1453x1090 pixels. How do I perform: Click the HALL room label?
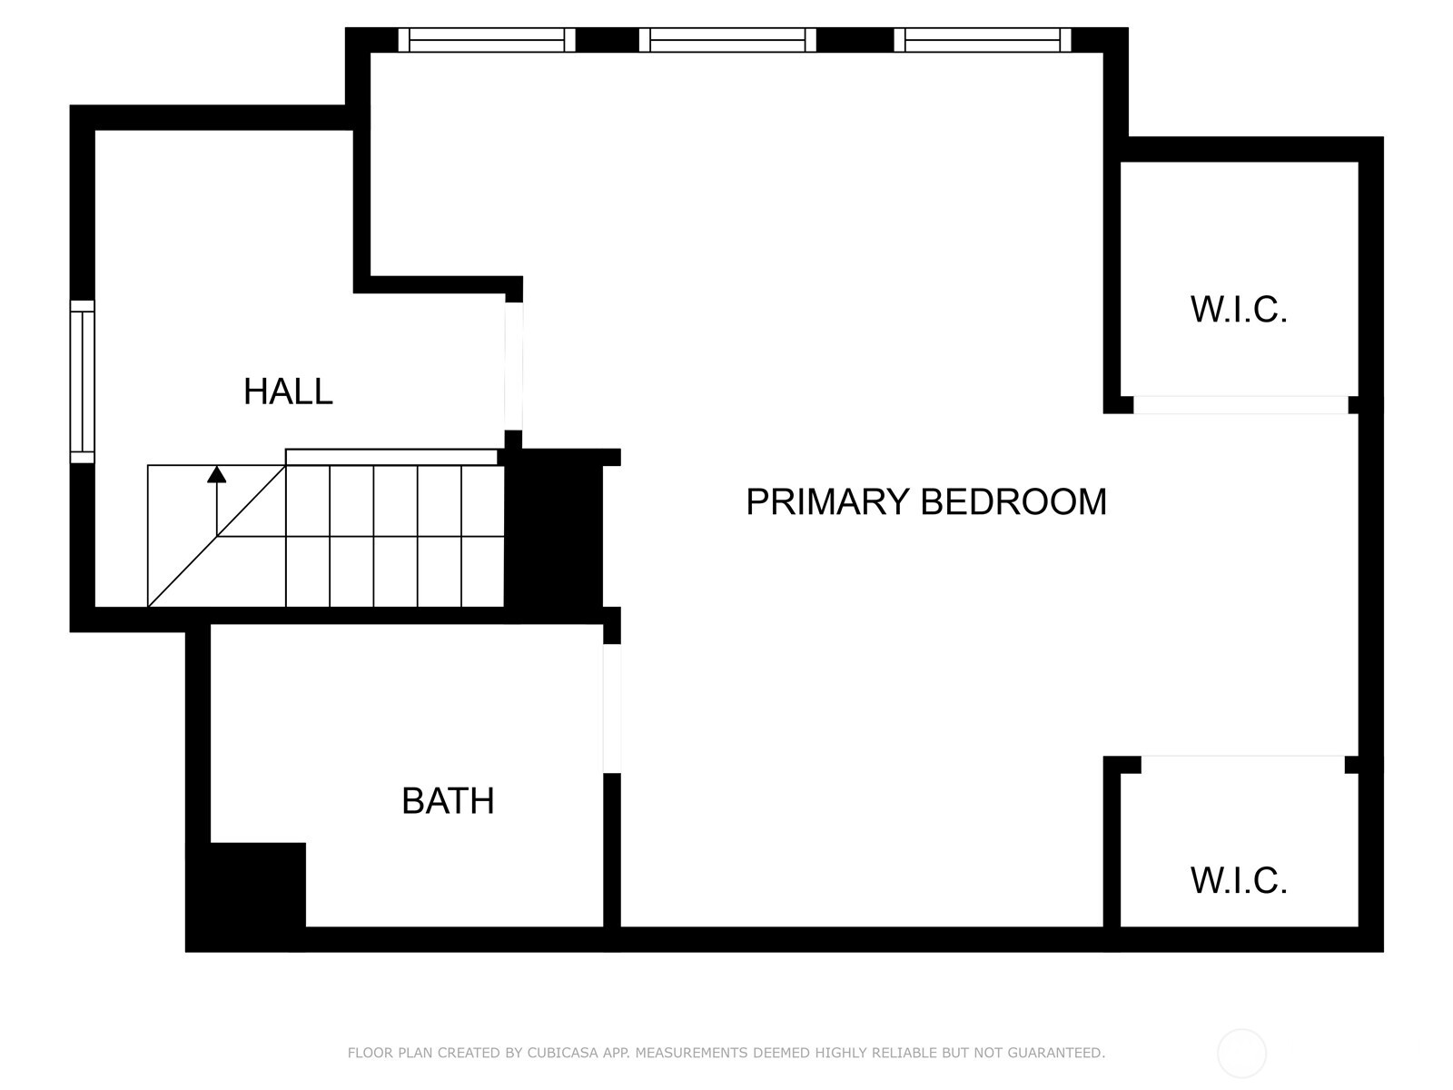[288, 391]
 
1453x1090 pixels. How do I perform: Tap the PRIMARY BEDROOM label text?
[926, 501]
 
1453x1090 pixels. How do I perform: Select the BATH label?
[448, 801]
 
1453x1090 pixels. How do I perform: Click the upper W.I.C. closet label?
[1239, 310]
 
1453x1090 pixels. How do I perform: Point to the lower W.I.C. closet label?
[1239, 881]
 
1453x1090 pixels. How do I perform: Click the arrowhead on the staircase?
[216, 474]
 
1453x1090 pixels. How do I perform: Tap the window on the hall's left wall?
[82, 381]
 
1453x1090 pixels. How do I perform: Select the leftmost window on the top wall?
[487, 40]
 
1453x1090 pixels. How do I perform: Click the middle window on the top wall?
[727, 40]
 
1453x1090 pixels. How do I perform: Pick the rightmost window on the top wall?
[983, 40]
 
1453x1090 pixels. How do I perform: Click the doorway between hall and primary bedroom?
[514, 367]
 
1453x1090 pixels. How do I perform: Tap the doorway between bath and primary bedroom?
[612, 708]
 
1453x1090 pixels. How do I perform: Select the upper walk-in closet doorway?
[1240, 405]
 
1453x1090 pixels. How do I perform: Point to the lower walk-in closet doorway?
[1242, 765]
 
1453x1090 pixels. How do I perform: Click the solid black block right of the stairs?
[553, 536]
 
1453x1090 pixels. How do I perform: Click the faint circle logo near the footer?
[1241, 1054]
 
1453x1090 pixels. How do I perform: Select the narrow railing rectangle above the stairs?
[391, 457]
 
